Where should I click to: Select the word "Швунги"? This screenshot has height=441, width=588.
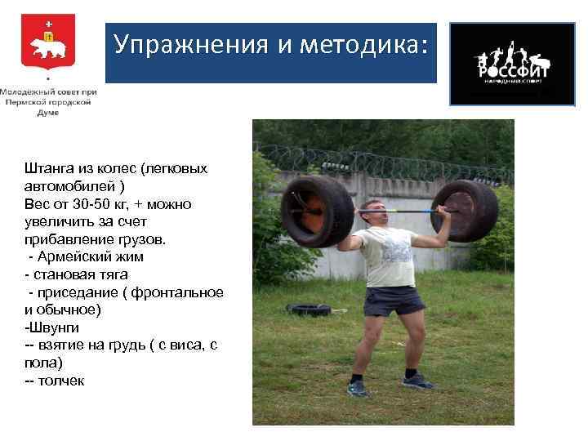pyautogui.click(x=52, y=327)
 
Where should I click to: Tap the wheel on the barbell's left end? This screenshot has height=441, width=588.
pyautogui.click(x=316, y=211)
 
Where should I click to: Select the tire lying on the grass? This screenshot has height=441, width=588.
pyautogui.click(x=308, y=310)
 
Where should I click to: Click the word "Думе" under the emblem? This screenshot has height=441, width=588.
pyautogui.click(x=48, y=114)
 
